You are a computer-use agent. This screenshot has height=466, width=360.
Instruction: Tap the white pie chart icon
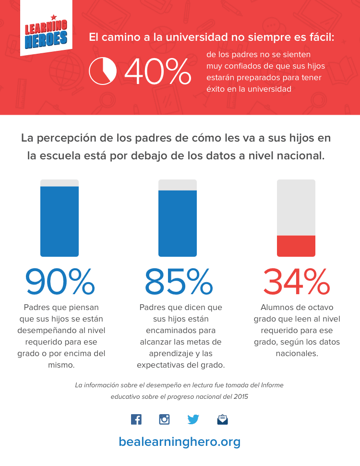[x=103, y=71]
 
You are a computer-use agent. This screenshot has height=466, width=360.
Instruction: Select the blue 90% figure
[x=60, y=282]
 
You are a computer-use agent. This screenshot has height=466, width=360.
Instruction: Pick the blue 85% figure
[x=178, y=282]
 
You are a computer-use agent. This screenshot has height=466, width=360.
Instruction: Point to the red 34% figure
[x=296, y=282]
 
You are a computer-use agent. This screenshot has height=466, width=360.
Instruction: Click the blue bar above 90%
[x=60, y=221]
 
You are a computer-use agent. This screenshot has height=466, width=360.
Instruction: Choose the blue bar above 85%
[x=178, y=223]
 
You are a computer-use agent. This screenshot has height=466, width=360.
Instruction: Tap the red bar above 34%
[x=296, y=246]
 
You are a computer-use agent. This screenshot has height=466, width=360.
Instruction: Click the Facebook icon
[x=136, y=419]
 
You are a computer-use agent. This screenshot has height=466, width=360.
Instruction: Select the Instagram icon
[x=165, y=419]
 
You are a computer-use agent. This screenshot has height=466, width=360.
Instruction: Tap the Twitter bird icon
[x=193, y=419]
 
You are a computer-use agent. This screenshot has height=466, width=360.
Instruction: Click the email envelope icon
[x=222, y=420]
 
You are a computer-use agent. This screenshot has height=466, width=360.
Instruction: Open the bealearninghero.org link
[x=180, y=442]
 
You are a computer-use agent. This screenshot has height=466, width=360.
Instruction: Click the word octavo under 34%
[x=321, y=307]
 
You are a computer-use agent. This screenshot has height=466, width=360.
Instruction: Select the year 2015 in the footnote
[x=240, y=397]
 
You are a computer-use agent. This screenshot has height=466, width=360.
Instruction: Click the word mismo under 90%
[x=61, y=365]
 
